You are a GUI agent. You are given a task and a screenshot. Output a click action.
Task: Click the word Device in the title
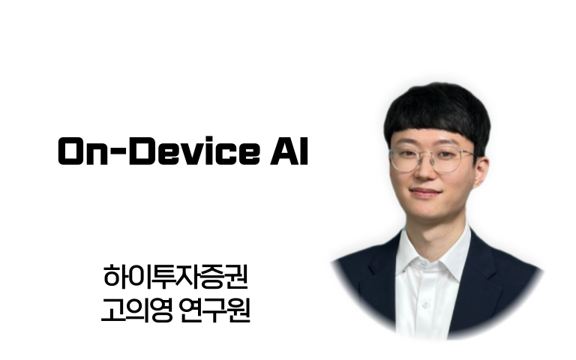[194, 151]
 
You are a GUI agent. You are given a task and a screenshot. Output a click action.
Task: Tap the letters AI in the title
[289, 151]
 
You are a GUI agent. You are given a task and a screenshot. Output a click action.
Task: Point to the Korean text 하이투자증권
[175, 277]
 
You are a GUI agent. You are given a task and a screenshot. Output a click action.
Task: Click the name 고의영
[136, 310]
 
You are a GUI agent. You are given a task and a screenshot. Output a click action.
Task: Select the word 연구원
[215, 310]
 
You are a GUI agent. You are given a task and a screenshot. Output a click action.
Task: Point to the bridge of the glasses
[424, 154]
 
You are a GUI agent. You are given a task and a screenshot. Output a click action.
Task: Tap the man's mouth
[425, 193]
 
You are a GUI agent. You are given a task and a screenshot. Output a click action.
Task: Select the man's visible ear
[481, 172]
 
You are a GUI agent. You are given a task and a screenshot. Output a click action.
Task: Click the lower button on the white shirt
[426, 305]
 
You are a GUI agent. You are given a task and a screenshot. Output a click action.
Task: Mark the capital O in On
[72, 151]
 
